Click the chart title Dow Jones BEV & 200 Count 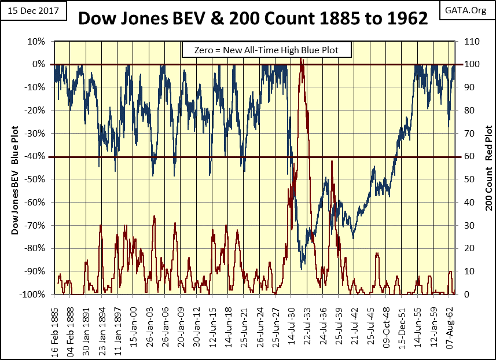pos(253,19)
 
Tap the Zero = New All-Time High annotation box pos(267,50)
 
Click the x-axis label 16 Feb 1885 pos(54,326)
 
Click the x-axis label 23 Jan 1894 pos(102,326)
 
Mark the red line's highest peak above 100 pos(301,58)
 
